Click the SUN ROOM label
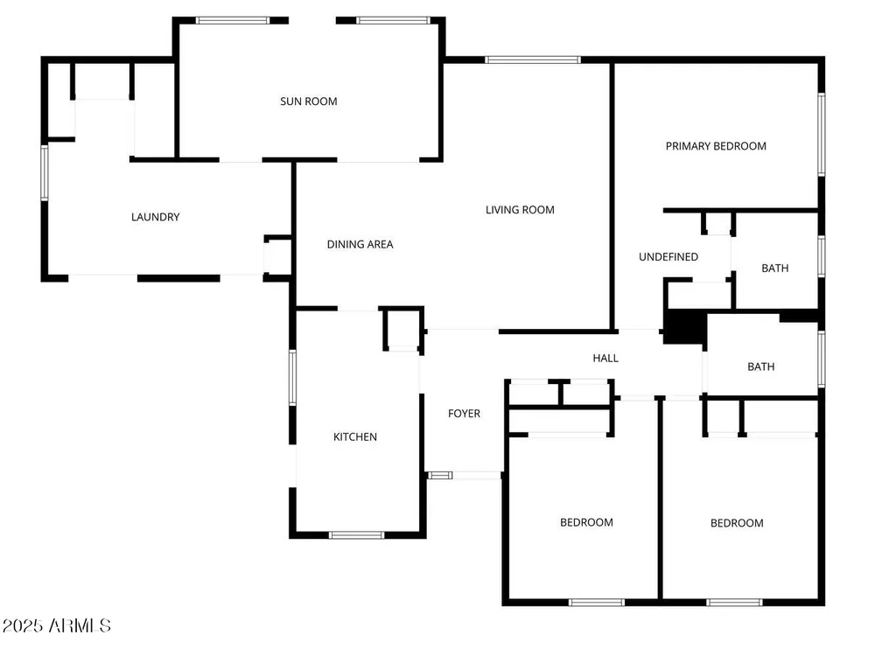(309, 101)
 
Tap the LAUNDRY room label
(155, 217)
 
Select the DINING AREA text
(360, 244)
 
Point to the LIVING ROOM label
(520, 210)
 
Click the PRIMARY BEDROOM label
(716, 146)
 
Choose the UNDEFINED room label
(668, 256)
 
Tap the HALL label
(605, 358)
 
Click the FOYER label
(464, 414)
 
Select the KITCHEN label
(355, 436)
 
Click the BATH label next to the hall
(761, 366)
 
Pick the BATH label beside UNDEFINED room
(775, 269)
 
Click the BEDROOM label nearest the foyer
(586, 522)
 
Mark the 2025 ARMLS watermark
(56, 625)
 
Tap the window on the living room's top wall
(533, 59)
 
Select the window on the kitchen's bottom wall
(357, 535)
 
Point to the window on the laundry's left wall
(45, 172)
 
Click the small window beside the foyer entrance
(440, 475)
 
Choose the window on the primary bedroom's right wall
(822, 135)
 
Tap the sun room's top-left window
(233, 21)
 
